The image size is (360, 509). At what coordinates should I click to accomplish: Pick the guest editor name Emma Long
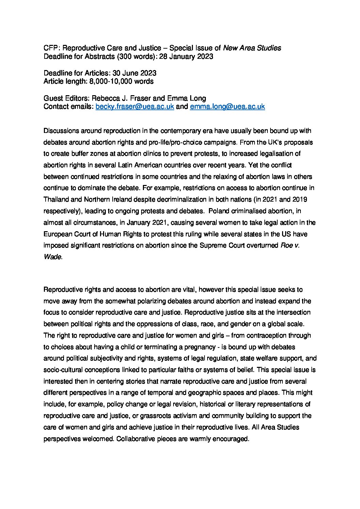(x=186, y=99)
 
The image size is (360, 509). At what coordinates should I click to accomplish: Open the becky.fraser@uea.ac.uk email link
(x=135, y=107)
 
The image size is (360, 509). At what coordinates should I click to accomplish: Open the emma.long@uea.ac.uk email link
(x=227, y=107)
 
